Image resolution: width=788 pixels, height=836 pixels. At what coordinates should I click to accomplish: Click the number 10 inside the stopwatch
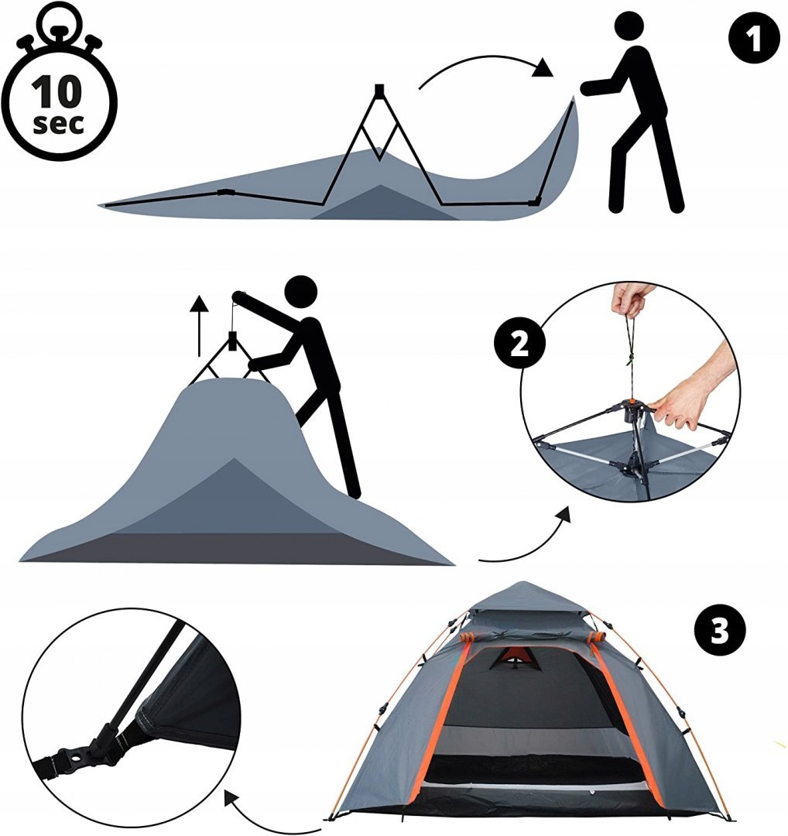tap(57, 92)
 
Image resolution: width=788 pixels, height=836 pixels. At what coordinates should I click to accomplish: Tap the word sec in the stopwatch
tap(59, 123)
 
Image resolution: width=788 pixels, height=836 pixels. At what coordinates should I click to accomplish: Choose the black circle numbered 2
tap(520, 344)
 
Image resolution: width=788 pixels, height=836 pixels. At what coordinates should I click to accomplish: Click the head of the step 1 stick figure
tap(632, 26)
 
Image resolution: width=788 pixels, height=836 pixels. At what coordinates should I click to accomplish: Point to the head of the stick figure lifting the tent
tap(301, 292)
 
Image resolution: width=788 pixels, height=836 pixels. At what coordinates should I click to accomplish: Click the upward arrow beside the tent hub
tap(200, 325)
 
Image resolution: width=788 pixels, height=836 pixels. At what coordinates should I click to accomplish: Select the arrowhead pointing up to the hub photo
tap(563, 516)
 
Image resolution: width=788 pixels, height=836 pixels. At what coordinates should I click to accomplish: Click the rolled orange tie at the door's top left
tap(468, 638)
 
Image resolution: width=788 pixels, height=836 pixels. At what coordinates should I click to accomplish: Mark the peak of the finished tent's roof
tap(524, 581)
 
